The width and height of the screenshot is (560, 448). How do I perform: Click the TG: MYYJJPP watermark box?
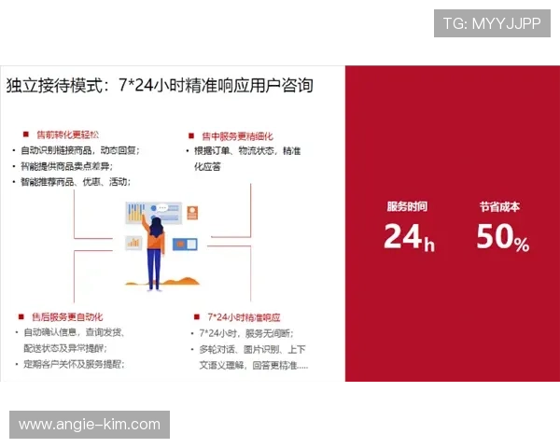492,22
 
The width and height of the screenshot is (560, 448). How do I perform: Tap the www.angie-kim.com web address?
90,425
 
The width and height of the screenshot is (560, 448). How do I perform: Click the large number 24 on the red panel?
403,237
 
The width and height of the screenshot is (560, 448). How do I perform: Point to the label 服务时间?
407,206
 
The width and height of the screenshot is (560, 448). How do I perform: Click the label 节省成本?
499,206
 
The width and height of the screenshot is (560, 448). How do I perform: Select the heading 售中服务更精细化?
237,136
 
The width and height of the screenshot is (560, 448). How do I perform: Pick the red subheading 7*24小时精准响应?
244,317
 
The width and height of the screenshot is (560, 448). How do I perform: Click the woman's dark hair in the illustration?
156,226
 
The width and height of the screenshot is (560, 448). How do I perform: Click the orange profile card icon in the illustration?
191,211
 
